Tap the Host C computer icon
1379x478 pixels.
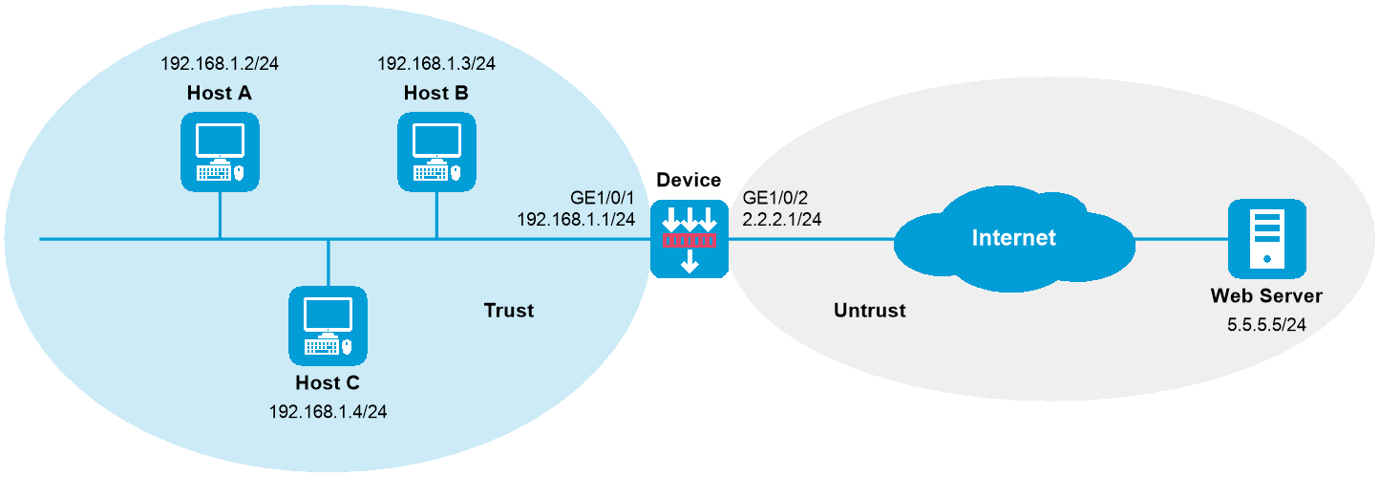(328, 324)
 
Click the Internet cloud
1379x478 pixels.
(1013, 238)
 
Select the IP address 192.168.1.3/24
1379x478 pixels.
(436, 64)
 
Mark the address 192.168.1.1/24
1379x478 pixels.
(576, 219)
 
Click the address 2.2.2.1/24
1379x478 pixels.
(782, 219)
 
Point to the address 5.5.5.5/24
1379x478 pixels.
(1266, 325)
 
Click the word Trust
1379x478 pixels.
(508, 311)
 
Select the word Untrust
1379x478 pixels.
(869, 311)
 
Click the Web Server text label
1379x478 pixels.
(1266, 297)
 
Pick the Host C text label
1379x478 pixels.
(328, 382)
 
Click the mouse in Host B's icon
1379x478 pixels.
(456, 173)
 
